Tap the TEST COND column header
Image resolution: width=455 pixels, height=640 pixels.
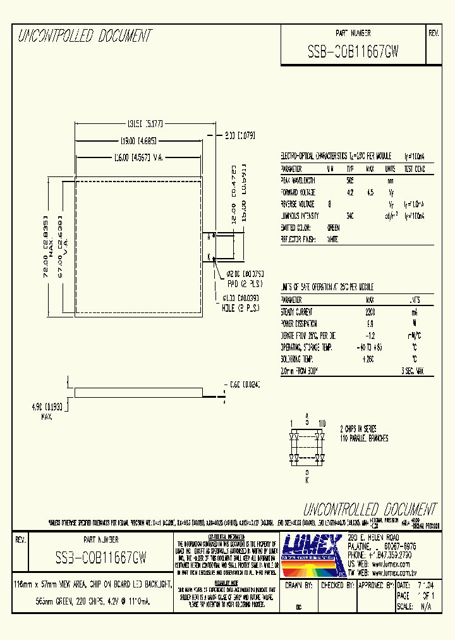click(x=415, y=169)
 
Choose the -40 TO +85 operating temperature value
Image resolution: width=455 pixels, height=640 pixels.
click(x=370, y=348)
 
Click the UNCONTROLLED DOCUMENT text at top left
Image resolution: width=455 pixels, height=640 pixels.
click(x=84, y=36)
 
